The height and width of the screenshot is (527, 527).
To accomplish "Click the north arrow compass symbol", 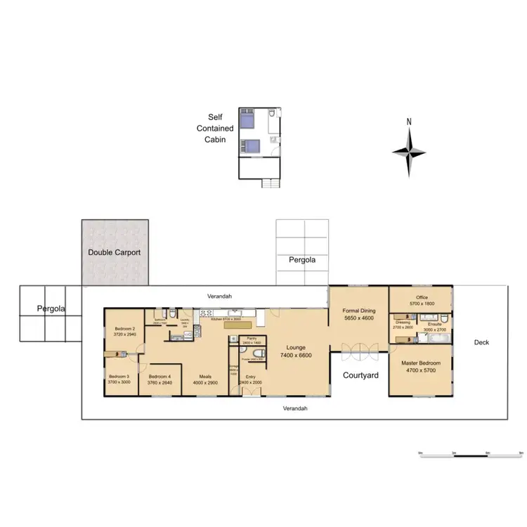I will [x=409, y=150].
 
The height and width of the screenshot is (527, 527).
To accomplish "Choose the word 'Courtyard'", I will [x=360, y=375].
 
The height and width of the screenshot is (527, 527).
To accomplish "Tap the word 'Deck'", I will [x=481, y=342].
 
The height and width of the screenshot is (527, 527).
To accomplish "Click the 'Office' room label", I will [x=422, y=297].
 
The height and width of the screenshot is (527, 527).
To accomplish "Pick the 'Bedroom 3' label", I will [x=119, y=377].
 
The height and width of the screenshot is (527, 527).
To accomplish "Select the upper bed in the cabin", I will [x=247, y=120].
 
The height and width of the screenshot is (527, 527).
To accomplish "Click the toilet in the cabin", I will [x=272, y=115].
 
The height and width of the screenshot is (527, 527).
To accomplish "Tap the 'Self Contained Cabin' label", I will [x=215, y=128].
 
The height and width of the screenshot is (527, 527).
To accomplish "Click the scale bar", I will [x=469, y=452].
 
